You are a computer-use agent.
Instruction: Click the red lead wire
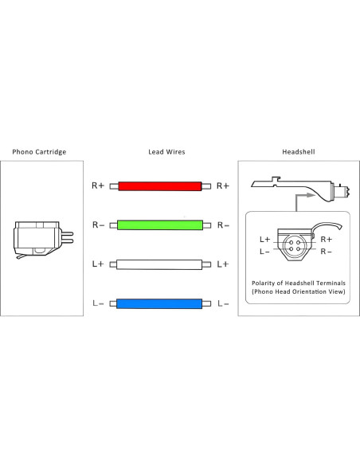pos(160,186)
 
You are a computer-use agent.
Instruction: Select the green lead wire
pos(160,225)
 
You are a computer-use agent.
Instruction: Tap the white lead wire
pos(159,264)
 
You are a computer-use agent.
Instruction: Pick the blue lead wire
pos(159,303)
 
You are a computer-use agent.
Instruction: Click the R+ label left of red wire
pos(98,186)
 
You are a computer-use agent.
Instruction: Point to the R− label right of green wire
pos(223,225)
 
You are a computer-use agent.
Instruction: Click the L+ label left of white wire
pos(98,264)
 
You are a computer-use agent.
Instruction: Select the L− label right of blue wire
pos(223,303)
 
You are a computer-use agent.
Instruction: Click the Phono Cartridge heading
pos(39,152)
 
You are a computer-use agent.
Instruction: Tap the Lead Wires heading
pos(166,152)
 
